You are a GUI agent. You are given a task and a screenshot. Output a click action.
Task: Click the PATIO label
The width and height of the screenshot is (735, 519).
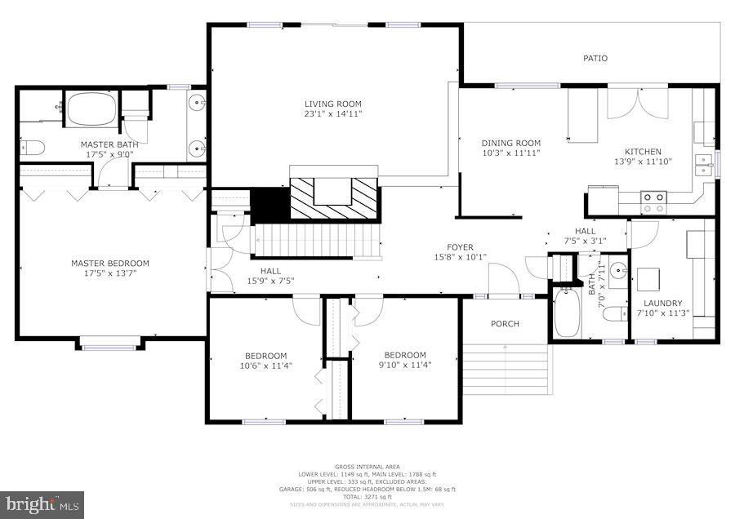point(595,58)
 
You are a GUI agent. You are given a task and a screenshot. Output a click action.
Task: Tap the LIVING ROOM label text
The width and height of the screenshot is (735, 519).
point(332,104)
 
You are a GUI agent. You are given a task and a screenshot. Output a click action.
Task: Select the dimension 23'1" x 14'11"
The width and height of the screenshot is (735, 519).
point(332,114)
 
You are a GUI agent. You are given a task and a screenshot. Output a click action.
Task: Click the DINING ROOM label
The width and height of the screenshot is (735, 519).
point(510,143)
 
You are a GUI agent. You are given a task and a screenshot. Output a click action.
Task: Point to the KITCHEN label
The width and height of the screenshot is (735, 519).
point(643,151)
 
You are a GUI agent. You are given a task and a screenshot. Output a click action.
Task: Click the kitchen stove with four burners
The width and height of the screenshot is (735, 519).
point(654,197)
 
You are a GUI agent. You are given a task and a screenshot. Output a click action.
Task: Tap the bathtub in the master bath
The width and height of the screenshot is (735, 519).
point(91,109)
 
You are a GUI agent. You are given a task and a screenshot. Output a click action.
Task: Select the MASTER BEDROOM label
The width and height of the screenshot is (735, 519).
point(110,263)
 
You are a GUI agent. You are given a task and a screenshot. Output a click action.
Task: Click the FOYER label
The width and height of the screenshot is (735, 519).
point(460,247)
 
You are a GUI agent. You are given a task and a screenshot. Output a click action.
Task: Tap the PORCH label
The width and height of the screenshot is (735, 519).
point(505,324)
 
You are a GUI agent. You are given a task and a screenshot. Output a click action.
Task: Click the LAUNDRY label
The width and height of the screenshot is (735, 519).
point(662,304)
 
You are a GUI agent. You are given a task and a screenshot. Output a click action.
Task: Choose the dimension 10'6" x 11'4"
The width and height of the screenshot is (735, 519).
point(265,366)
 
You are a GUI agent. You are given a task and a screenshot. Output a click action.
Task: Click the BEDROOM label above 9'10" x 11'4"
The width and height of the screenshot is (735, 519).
point(405,355)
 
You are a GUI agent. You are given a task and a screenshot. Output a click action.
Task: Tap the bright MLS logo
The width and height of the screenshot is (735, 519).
point(42,503)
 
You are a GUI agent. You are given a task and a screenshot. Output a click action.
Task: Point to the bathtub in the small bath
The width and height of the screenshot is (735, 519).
point(567,314)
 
